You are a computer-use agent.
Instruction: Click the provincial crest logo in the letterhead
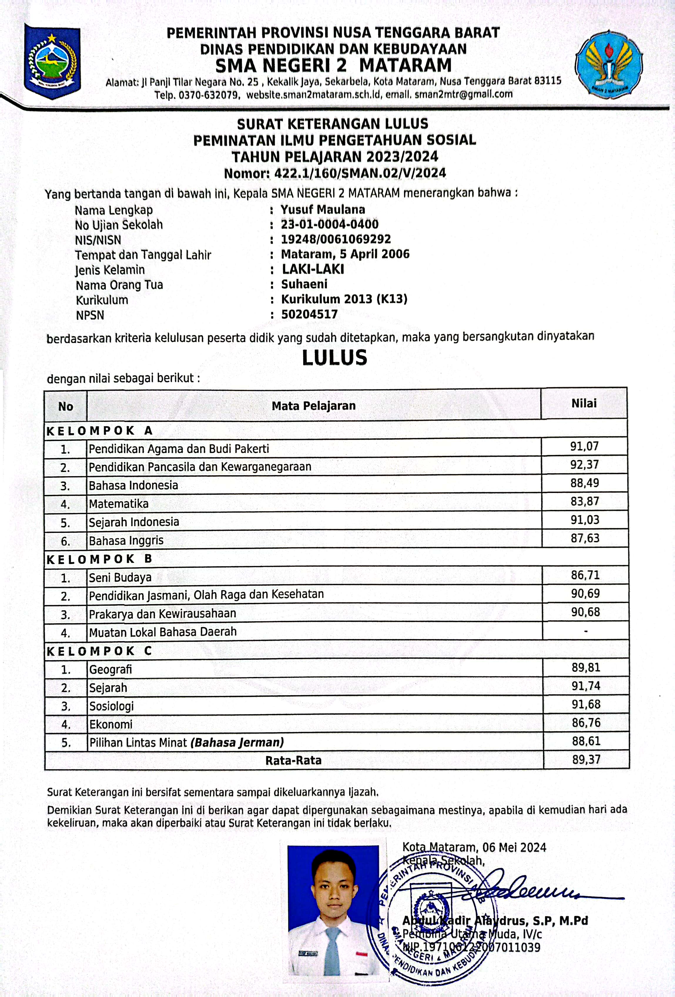pyautogui.click(x=52, y=61)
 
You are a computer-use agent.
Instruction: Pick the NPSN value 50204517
pyautogui.click(x=309, y=314)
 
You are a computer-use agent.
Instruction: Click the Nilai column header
pyautogui.click(x=584, y=403)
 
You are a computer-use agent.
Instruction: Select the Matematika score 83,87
pyautogui.click(x=584, y=501)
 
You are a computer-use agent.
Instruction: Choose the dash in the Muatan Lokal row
pyautogui.click(x=586, y=631)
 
